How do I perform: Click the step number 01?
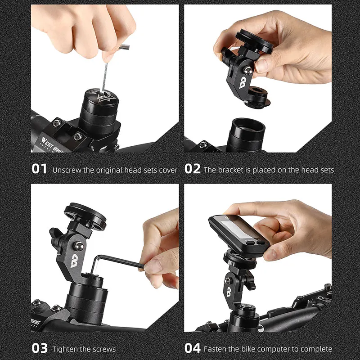(x=39, y=169)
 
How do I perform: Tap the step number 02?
(x=193, y=169)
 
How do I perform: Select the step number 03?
(x=40, y=348)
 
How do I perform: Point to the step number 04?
(x=193, y=348)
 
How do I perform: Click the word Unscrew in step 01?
(x=67, y=170)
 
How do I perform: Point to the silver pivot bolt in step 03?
(x=79, y=246)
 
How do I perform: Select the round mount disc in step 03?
(x=85, y=215)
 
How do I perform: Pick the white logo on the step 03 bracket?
(x=74, y=261)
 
